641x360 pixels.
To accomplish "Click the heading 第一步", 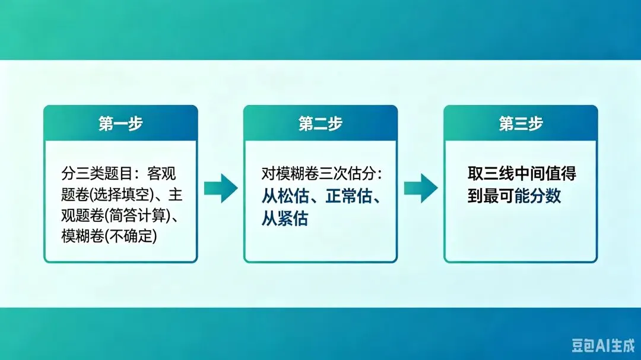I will tap(120, 123).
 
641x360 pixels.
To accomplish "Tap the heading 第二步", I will tap(320, 123).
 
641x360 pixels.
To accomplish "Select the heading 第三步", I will tap(521, 123).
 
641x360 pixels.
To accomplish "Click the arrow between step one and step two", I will tap(220, 188).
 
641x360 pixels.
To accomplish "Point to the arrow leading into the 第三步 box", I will tap(420, 188).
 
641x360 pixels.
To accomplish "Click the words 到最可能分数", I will tap(514, 196).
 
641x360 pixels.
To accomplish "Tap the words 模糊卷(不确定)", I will tap(109, 236).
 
